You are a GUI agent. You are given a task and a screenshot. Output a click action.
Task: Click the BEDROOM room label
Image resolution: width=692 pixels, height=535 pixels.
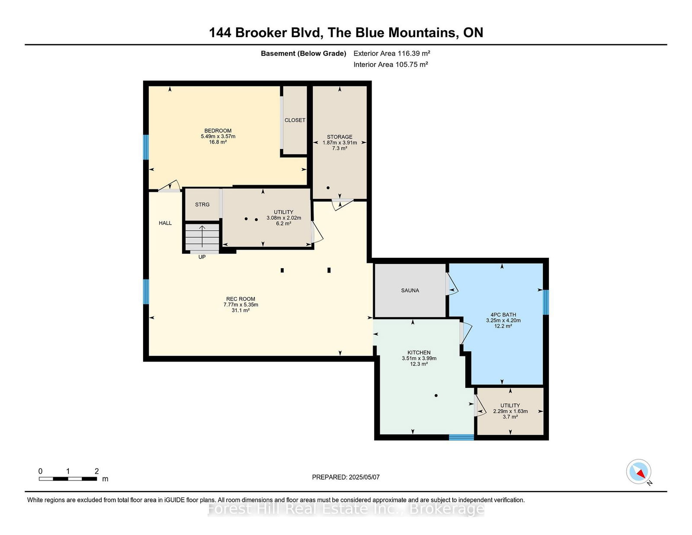(218, 131)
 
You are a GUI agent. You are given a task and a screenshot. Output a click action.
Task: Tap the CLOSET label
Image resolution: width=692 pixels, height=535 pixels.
(295, 120)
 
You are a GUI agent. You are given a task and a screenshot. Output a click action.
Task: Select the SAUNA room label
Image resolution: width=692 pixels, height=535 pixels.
(410, 291)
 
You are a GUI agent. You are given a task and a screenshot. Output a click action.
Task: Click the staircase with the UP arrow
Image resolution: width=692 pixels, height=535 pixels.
(202, 237)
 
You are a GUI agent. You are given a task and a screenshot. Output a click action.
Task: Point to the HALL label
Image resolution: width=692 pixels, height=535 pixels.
(165, 223)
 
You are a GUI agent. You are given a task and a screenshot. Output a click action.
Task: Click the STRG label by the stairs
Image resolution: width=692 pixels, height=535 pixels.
(202, 205)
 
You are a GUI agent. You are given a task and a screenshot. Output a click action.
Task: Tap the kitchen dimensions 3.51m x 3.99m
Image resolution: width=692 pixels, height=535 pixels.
(419, 359)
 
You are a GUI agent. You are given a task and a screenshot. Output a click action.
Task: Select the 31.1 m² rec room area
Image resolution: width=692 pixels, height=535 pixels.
(240, 311)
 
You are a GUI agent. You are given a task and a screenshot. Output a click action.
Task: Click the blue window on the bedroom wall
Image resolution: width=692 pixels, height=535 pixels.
(146, 147)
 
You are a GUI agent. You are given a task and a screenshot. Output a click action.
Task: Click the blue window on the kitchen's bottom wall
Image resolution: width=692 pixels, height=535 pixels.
(461, 437)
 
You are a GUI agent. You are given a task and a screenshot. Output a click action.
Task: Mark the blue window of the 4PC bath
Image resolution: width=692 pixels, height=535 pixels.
(546, 302)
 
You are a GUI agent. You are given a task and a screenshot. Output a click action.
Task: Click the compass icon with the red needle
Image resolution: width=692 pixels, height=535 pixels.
(639, 472)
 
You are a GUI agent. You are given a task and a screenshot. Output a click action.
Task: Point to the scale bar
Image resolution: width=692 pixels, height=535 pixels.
(68, 479)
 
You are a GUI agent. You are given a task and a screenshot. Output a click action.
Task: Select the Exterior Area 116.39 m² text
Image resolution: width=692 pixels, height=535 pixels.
(392, 54)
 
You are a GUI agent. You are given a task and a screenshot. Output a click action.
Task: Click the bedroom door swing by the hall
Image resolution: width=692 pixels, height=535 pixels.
(170, 186)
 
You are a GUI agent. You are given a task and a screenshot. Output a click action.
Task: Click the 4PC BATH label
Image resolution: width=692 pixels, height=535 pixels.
(503, 315)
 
